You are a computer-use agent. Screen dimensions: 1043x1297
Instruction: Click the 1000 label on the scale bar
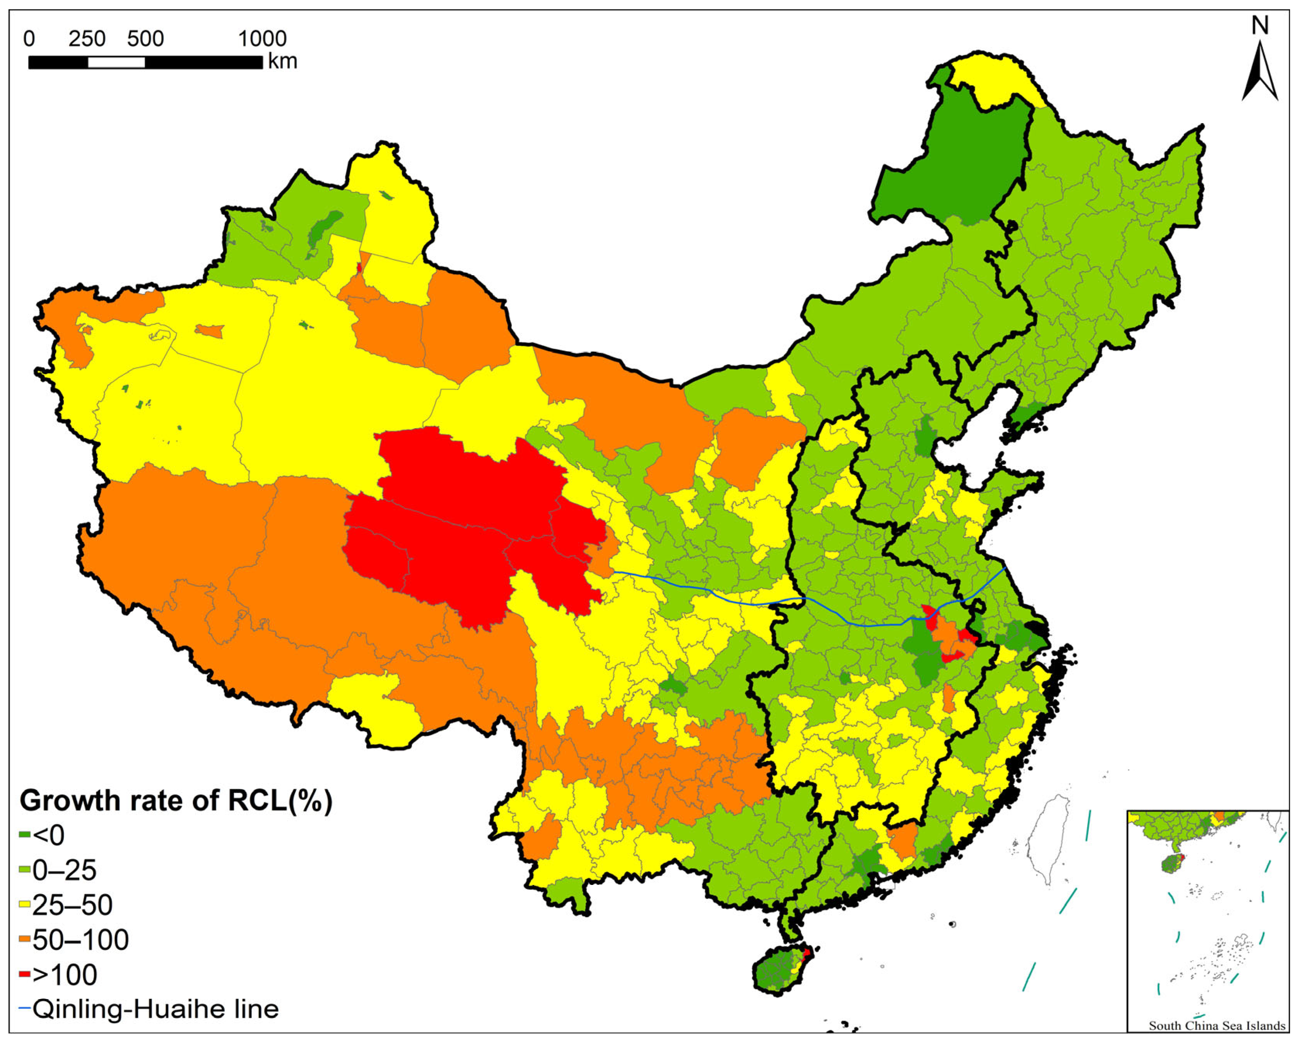pyautogui.click(x=262, y=39)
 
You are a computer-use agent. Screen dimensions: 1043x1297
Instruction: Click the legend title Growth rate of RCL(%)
pyautogui.click(x=176, y=801)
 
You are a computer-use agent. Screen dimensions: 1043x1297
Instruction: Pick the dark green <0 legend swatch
pyautogui.click(x=25, y=835)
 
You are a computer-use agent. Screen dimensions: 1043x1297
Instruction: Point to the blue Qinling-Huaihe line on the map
pyautogui.click(x=752, y=602)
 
